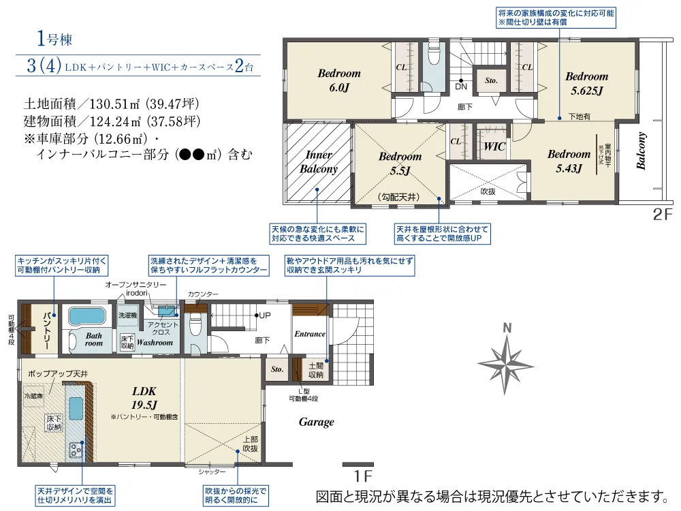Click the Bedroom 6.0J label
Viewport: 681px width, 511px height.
coord(339,80)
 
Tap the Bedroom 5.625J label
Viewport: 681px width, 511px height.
coord(586,83)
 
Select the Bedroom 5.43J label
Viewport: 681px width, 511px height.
coord(569,161)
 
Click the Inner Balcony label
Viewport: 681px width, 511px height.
coord(318,162)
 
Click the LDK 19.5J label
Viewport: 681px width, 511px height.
coord(144,398)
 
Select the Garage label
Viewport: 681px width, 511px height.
coord(317,422)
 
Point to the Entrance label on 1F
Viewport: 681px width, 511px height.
coord(310,334)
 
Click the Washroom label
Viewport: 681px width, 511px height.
coord(155,343)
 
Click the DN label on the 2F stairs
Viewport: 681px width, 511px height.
coord(461,87)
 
